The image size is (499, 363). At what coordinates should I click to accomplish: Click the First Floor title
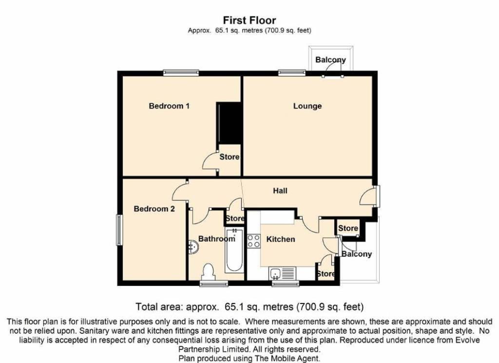click(x=249, y=20)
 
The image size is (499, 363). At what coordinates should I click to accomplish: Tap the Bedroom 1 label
click(x=169, y=106)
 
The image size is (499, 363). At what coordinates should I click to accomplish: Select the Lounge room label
click(x=307, y=106)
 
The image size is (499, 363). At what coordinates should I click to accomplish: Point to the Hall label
click(x=280, y=191)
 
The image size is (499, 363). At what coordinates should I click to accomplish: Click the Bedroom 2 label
click(x=154, y=209)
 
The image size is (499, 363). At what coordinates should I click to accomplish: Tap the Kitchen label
click(x=281, y=239)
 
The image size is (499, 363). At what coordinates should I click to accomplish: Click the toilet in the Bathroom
click(x=209, y=272)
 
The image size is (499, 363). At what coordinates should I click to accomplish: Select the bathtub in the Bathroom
click(x=234, y=250)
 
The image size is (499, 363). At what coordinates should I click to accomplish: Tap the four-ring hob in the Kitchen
click(x=253, y=241)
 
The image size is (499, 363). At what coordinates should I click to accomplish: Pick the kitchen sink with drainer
click(x=282, y=273)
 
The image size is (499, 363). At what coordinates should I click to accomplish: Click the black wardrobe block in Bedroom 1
click(x=229, y=123)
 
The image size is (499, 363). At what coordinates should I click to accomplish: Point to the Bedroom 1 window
click(x=181, y=73)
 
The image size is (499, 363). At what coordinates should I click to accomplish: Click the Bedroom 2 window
click(x=119, y=230)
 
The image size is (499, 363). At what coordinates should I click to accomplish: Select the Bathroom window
click(x=214, y=283)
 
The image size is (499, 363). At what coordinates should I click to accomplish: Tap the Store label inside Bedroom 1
click(x=230, y=157)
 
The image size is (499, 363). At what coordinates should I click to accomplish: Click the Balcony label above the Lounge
click(x=330, y=60)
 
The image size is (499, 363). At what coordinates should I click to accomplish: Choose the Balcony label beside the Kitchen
click(x=357, y=254)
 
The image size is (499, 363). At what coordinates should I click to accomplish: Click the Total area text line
click(x=249, y=306)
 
